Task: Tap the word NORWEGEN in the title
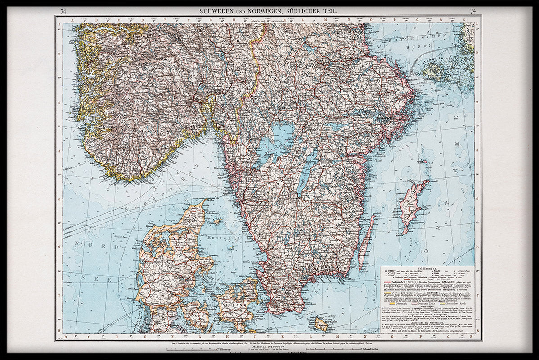262,11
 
